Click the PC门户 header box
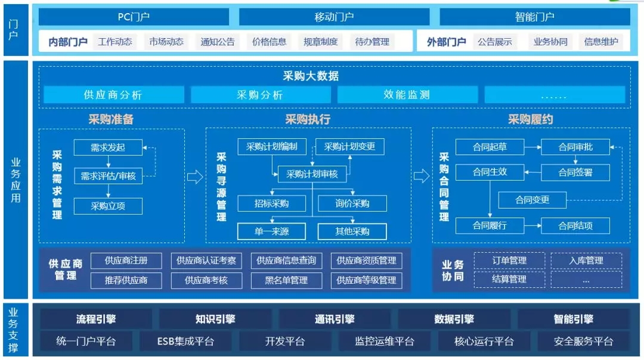(x=134, y=17)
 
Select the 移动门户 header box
(x=334, y=17)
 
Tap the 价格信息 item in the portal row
(x=269, y=42)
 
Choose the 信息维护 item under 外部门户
(x=601, y=42)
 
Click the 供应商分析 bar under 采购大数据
(x=113, y=95)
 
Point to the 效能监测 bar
(x=407, y=95)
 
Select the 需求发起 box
(x=108, y=147)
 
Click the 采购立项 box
(x=108, y=206)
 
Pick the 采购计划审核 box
(x=312, y=174)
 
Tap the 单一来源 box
(x=271, y=231)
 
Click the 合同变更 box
(x=532, y=200)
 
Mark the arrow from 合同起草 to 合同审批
(x=532, y=147)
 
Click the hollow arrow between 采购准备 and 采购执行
(x=195, y=177)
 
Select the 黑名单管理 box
(x=286, y=280)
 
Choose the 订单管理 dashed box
(x=509, y=260)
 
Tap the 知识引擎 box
(x=215, y=319)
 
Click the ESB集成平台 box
(x=185, y=341)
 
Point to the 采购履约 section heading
(x=530, y=119)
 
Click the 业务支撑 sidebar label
(x=13, y=330)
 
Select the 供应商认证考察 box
(x=206, y=260)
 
